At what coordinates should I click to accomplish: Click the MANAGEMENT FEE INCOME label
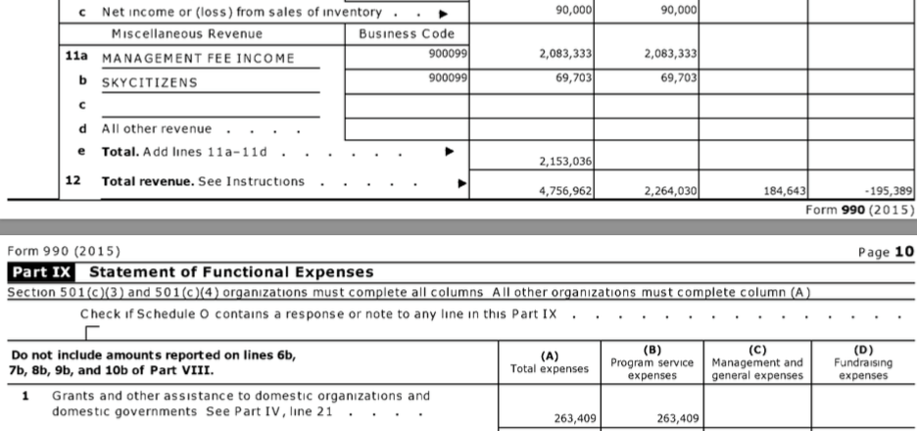pos(198,59)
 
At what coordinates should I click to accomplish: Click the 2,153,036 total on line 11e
pos(565,162)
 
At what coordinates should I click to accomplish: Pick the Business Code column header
pos(407,33)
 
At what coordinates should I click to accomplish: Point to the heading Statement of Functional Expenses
pos(231,271)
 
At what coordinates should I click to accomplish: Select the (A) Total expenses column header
pos(550,361)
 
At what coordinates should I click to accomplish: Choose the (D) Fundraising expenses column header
pos(863,361)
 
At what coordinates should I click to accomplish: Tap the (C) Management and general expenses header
pos(756,361)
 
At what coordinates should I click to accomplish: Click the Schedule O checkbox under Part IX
pos(91,331)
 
